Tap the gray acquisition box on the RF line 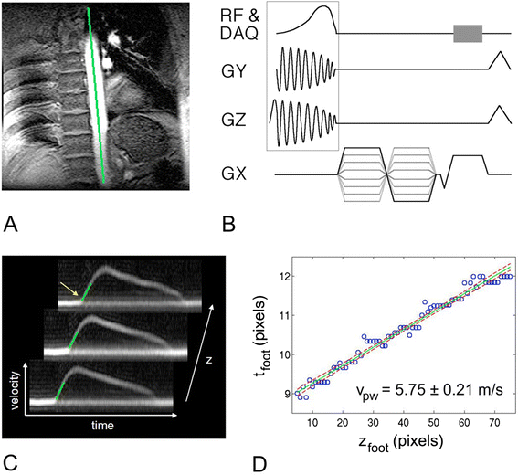(468, 33)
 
